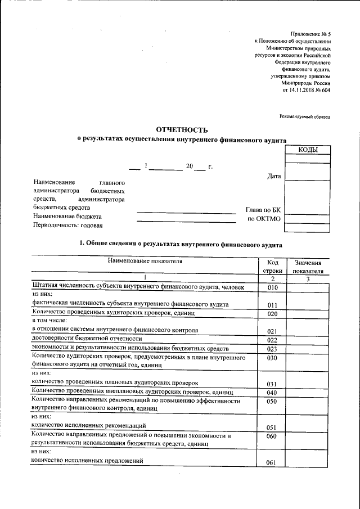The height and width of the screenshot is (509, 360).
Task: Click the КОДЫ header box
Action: [307, 150]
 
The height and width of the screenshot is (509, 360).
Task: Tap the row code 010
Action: [272, 288]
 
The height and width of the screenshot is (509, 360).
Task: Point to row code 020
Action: [272, 313]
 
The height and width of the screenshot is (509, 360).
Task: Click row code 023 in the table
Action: [272, 349]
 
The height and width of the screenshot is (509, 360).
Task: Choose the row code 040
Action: [272, 392]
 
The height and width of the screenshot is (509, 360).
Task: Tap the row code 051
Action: [272, 427]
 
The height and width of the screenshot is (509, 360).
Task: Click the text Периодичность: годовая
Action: [68, 225]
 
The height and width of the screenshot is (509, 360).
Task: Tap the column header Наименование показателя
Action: [145, 261]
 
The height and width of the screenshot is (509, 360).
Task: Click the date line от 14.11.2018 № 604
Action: [306, 90]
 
